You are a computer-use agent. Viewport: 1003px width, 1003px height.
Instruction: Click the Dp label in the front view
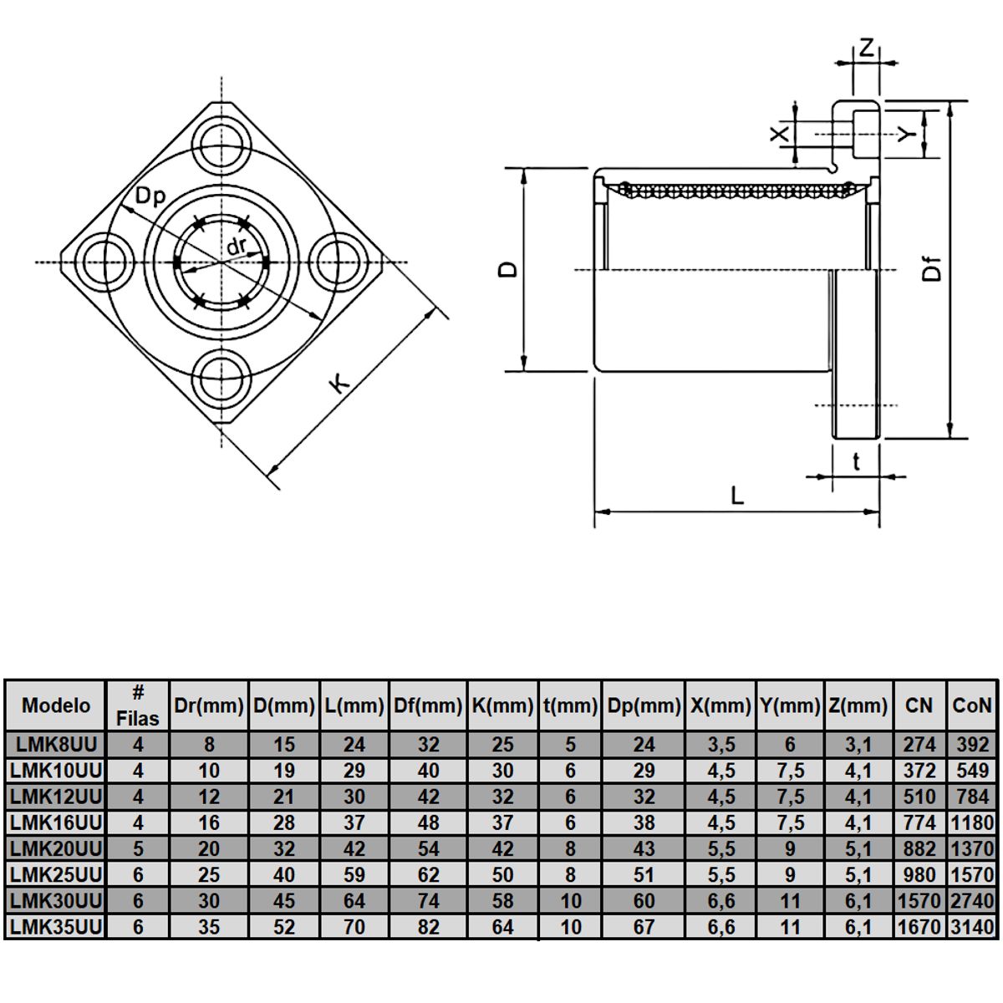pos(150,196)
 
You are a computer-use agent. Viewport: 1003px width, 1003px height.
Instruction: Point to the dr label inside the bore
pos(237,246)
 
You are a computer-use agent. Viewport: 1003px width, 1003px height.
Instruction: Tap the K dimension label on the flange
pos(339,384)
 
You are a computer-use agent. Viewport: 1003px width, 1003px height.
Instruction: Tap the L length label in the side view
pos(736,495)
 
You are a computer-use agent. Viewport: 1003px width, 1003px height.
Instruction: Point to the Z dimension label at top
pos(866,48)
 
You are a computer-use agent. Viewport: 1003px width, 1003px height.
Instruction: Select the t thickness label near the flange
pos(856,461)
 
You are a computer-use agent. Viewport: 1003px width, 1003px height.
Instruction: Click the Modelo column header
pos(56,705)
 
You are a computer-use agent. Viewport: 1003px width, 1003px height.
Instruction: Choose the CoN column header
pos(972,705)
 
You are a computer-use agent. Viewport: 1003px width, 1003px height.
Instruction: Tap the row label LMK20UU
pos(56,849)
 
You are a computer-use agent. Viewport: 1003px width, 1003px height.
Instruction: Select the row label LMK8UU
pos(56,745)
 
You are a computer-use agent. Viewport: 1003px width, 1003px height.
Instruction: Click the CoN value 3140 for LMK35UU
pos(972,927)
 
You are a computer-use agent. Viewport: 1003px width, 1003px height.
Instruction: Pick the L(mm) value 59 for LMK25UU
pos(354,875)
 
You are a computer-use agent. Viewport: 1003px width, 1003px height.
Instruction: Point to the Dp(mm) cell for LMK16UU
pos(644,823)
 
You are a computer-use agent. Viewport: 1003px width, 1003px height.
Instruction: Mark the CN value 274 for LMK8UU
pos(919,745)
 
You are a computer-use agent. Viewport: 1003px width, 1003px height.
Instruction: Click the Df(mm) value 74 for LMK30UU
pos(428,901)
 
